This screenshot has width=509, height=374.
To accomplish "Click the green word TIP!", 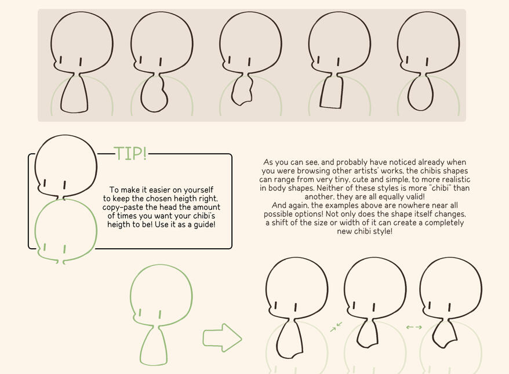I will [x=130, y=153].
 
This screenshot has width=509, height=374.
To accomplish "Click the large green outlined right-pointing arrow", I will [x=222, y=337].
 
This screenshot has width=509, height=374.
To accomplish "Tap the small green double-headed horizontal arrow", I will [x=414, y=327].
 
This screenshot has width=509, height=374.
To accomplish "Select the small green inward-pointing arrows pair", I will [x=336, y=328].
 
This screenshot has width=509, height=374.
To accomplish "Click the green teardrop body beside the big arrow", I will [x=154, y=346].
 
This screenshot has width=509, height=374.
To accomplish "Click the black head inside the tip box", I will [x=66, y=165].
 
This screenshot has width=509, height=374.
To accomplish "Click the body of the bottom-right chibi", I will [x=446, y=333].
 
